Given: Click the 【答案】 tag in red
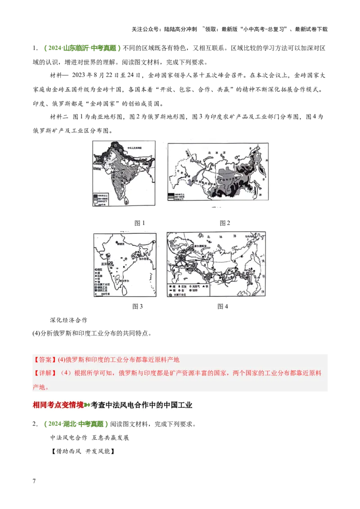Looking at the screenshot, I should click(x=43, y=360).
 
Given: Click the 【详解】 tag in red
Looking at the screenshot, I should click(x=43, y=373).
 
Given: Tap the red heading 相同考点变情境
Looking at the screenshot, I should click(x=58, y=405).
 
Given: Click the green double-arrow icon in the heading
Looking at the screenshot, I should click(x=87, y=405).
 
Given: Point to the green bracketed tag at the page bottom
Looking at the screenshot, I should click(x=75, y=424).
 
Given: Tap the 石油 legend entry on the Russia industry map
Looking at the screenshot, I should click(x=184, y=286).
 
